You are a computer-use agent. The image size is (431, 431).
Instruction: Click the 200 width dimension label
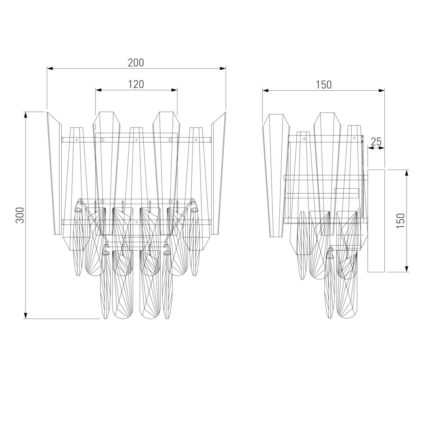[x=136, y=63]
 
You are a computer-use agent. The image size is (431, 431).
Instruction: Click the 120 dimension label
[x=136, y=84]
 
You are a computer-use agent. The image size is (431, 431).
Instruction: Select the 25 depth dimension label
[x=376, y=142]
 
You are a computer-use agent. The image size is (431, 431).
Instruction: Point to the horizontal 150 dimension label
[x=323, y=85]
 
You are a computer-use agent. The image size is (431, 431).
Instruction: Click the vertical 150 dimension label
[x=400, y=221]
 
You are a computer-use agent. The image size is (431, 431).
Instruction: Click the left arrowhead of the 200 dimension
[x=50, y=69]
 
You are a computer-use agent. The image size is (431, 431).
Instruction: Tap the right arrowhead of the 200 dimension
[x=223, y=69]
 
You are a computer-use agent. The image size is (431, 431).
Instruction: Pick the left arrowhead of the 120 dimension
[x=99, y=90]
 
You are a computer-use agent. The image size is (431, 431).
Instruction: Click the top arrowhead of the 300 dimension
[x=26, y=115]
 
